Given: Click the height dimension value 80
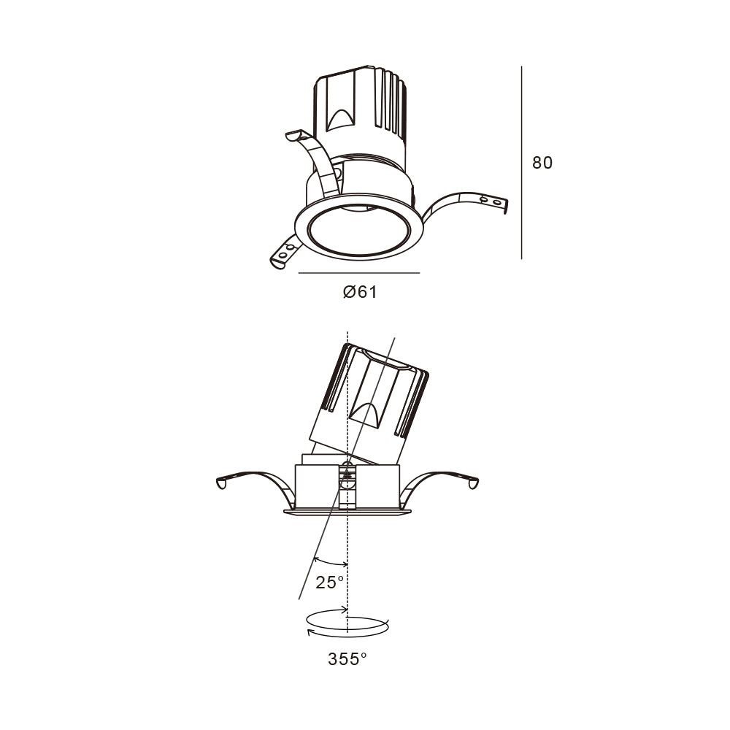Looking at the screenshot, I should [x=542, y=163].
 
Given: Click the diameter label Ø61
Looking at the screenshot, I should [x=360, y=292].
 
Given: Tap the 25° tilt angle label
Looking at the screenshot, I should [x=330, y=582].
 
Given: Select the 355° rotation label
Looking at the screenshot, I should [x=347, y=659].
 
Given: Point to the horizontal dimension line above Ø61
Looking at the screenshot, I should [x=359, y=273].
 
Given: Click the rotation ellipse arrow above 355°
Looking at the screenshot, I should [x=347, y=626].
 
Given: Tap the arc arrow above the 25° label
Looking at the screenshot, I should [x=331, y=563].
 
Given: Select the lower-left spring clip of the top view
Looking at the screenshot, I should [x=284, y=251].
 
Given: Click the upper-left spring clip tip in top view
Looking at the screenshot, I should [x=296, y=136].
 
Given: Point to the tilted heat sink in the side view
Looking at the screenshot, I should [x=372, y=398].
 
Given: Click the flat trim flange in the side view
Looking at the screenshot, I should [x=347, y=512].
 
